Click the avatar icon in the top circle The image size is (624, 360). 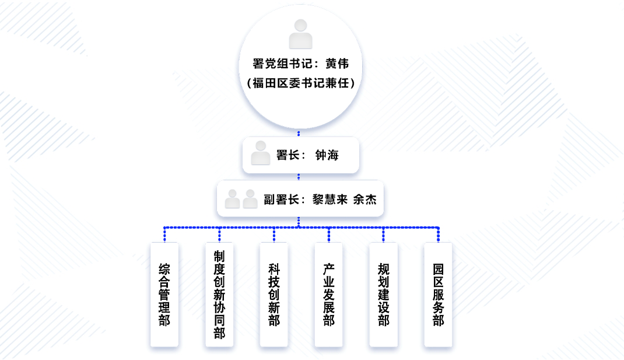point(300,34)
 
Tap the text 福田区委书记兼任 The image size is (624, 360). point(300,83)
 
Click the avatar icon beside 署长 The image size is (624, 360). point(260,153)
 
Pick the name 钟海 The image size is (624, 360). point(327,155)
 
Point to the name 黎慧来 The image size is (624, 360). point(329,200)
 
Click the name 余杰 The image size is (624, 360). point(365,200)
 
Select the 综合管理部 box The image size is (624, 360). point(164,295)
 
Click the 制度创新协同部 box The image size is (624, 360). point(219,295)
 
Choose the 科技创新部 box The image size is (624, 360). point(274,295)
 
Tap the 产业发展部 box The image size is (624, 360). point(329,295)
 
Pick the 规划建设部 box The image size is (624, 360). point(384,295)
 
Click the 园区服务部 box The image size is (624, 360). point(439,295)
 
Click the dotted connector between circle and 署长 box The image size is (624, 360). point(299,133)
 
